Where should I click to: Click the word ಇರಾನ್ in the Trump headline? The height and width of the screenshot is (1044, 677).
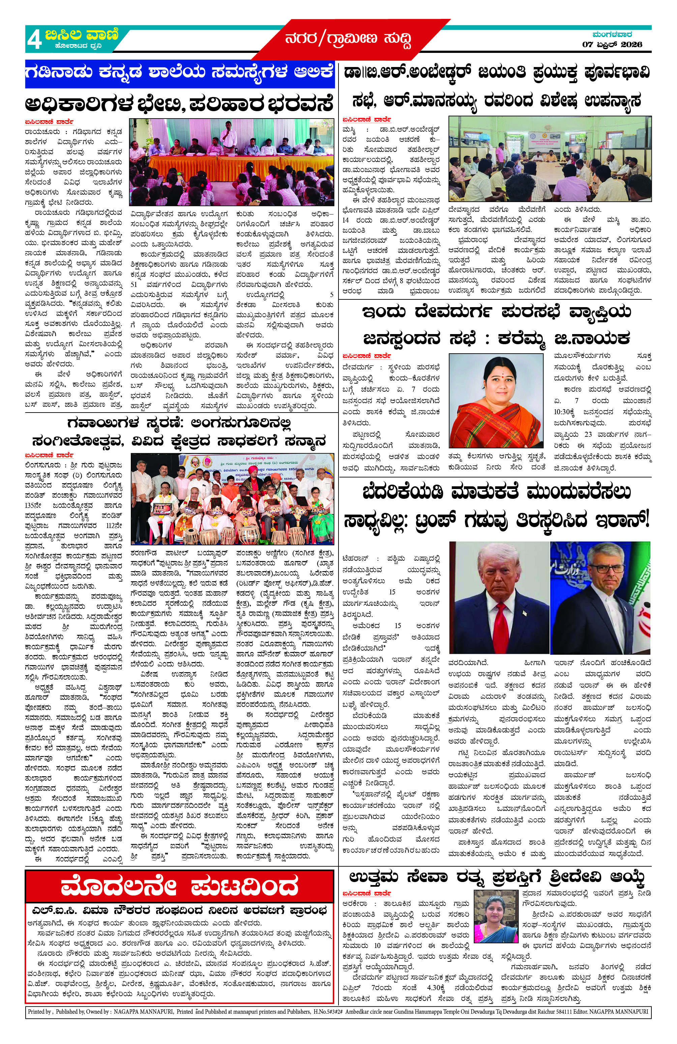[622, 521]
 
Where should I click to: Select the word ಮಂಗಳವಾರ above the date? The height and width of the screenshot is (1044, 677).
[612, 34]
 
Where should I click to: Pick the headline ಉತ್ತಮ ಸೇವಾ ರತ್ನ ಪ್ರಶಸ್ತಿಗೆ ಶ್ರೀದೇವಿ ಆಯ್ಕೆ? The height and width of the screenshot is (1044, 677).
[496, 877]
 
